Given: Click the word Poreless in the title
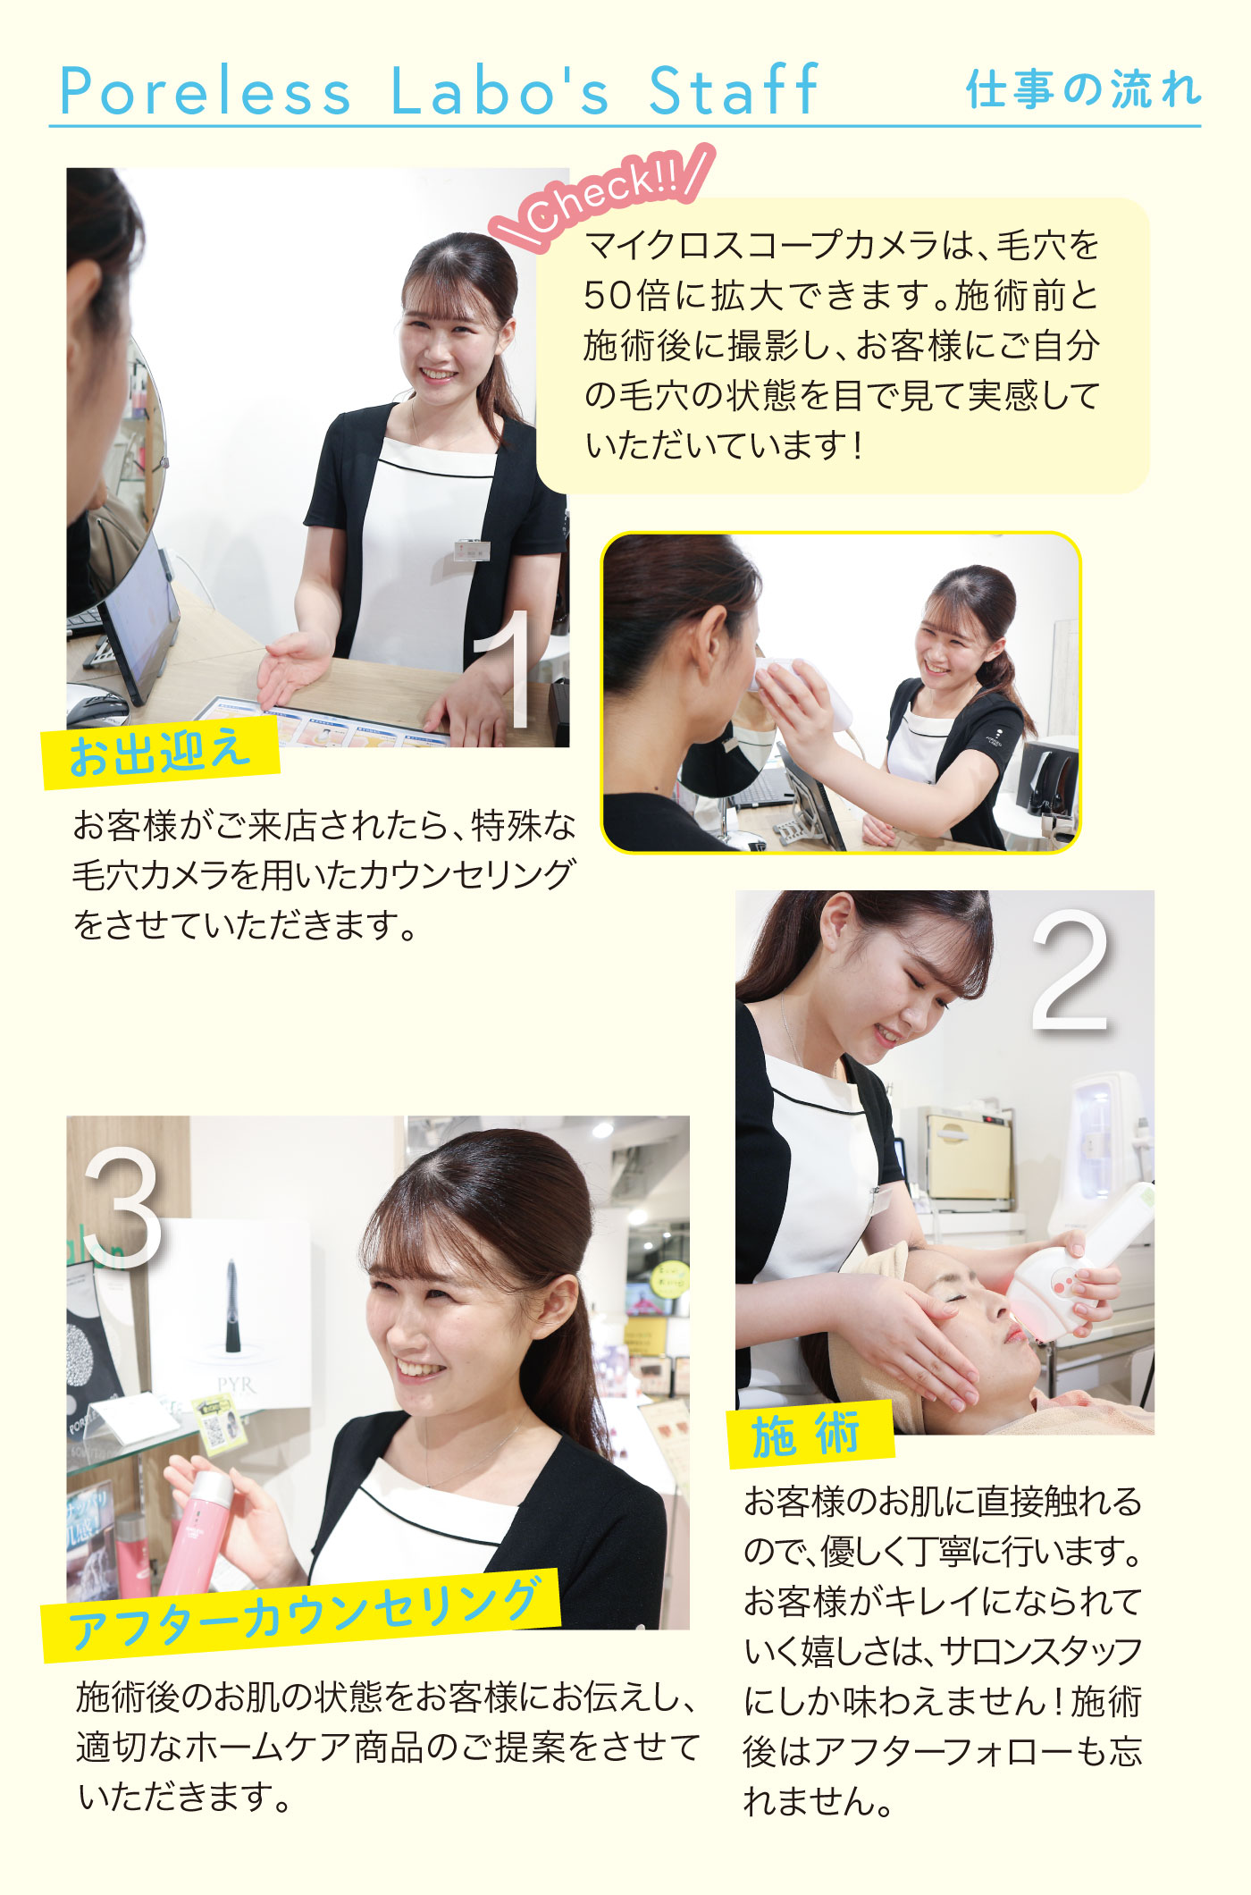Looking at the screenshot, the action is pyautogui.click(x=206, y=90).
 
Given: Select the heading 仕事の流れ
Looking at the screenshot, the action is pyautogui.click(x=1083, y=89).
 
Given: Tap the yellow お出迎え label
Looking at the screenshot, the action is pyautogui.click(x=161, y=752).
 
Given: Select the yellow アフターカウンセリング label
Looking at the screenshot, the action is pyautogui.click(x=302, y=1614).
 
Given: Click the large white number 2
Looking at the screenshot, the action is pyautogui.click(x=1070, y=972).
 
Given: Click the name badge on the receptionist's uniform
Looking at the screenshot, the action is pyautogui.click(x=471, y=549).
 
